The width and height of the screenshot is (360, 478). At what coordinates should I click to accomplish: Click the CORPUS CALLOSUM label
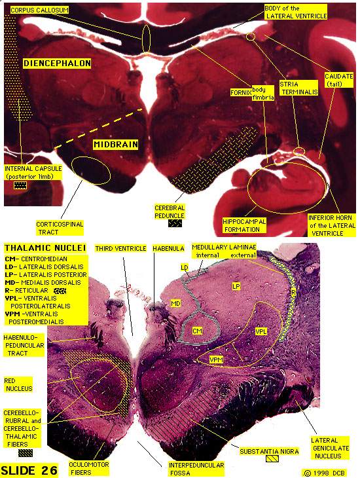click(x=39, y=10)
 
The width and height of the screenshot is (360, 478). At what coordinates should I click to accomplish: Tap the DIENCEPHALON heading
click(x=57, y=64)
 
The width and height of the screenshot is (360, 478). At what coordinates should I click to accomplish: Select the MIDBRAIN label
click(x=116, y=144)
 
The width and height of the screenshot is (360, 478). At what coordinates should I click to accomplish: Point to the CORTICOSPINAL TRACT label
click(x=60, y=228)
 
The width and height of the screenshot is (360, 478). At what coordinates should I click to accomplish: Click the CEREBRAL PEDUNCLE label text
click(x=170, y=212)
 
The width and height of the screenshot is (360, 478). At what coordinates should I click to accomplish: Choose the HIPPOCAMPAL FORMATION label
click(x=244, y=226)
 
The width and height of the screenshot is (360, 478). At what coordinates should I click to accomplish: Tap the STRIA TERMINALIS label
click(x=298, y=88)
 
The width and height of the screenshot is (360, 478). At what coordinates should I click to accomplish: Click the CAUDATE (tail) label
click(x=338, y=80)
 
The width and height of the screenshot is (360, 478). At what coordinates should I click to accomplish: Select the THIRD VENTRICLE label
click(x=120, y=248)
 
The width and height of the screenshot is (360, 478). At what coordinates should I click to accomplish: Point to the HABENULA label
click(x=168, y=248)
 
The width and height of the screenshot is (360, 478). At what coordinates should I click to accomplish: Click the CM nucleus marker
click(x=197, y=331)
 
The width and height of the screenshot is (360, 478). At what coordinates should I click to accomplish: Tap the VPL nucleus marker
click(x=261, y=331)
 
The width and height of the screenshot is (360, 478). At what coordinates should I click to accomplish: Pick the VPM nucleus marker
click(x=216, y=359)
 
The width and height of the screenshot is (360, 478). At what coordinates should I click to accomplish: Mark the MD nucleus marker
click(x=175, y=303)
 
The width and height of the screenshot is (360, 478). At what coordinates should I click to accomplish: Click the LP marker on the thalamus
click(x=236, y=286)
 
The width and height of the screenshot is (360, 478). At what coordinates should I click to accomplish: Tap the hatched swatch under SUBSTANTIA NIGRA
click(x=272, y=458)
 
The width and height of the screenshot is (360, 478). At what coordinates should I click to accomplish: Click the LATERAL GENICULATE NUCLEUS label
click(x=330, y=448)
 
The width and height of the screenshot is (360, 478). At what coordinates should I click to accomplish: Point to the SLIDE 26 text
click(x=29, y=470)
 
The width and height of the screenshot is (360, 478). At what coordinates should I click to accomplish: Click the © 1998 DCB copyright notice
click(x=325, y=473)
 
